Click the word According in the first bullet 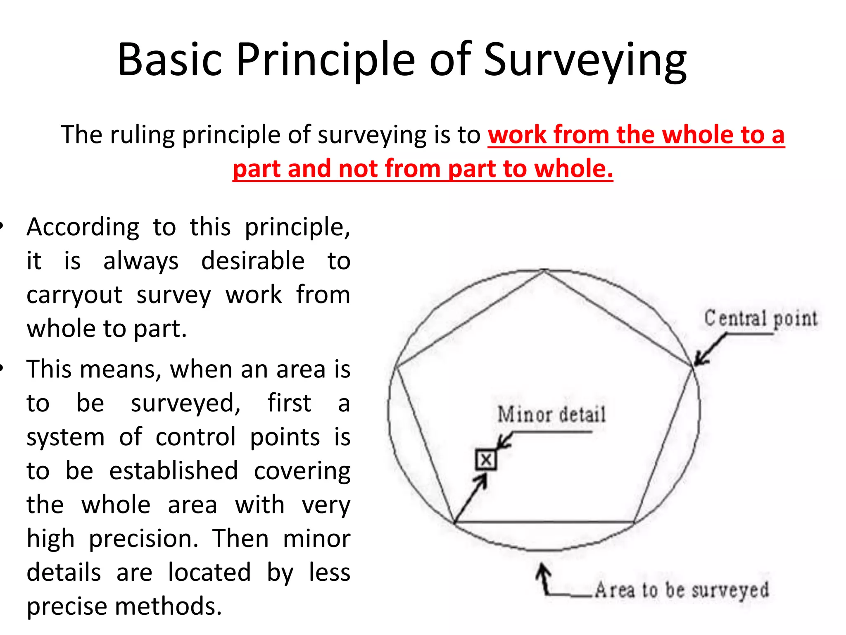coord(83,227)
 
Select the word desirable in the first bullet coord(253,261)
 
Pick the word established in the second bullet coord(173,471)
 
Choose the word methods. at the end coord(169,606)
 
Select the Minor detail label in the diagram coord(551,415)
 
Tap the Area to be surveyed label coord(682,590)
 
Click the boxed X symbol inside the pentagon coord(486,460)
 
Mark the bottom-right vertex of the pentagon coord(634,523)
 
